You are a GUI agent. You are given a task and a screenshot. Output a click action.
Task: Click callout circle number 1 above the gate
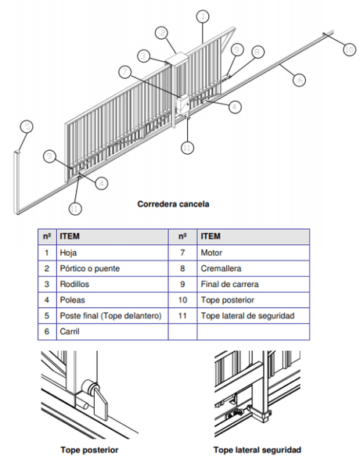click(203, 15)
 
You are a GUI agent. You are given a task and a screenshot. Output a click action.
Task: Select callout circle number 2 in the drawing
click(162, 33)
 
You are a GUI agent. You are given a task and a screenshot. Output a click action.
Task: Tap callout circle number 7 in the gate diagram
click(124, 71)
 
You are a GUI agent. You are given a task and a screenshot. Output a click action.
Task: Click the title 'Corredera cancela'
click(173, 204)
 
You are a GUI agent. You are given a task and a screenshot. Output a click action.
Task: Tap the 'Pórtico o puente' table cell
click(89, 268)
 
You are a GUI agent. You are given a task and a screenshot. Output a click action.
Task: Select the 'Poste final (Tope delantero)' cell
click(110, 315)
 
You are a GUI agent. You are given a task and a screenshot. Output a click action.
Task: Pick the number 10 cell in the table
click(182, 300)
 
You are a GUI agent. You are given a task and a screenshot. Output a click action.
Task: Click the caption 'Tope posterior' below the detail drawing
click(90, 450)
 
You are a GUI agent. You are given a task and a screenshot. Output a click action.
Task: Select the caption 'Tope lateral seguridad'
click(257, 450)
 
